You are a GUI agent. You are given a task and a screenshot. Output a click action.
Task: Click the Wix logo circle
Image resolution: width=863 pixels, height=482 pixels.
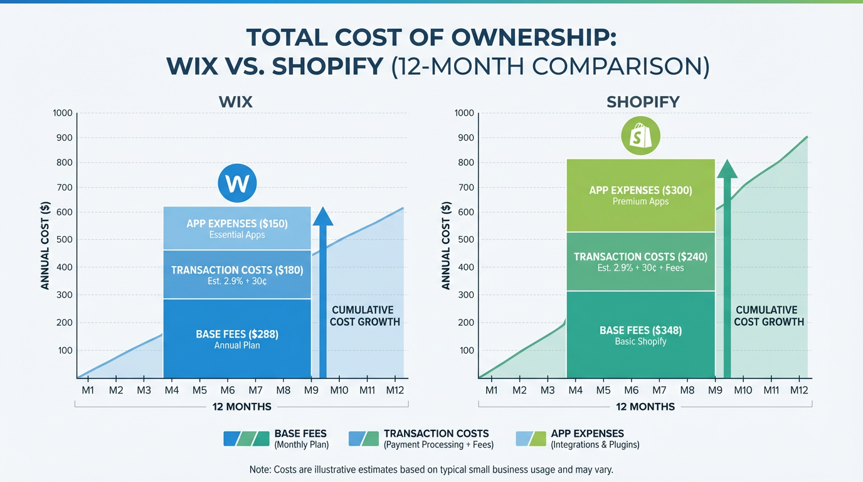237,183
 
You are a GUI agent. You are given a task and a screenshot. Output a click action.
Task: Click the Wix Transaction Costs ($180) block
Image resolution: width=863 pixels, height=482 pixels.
237,275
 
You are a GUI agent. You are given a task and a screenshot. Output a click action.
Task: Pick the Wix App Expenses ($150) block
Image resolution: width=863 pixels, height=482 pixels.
237,228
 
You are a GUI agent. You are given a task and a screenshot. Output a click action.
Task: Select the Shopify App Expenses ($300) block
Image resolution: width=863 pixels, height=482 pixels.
640,195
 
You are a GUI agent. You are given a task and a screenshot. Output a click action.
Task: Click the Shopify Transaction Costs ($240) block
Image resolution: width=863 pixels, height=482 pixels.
640,261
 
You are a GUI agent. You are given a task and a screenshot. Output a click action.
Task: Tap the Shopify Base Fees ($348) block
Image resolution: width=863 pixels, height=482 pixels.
640,335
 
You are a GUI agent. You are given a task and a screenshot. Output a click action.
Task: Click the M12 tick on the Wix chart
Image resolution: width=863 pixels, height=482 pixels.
394,390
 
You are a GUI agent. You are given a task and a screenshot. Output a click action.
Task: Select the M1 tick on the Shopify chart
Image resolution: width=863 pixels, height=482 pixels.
492,390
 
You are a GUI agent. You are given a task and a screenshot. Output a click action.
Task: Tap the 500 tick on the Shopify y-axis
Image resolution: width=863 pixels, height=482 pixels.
467,240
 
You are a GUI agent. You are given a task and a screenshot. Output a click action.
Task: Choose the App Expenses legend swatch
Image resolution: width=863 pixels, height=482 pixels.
530,438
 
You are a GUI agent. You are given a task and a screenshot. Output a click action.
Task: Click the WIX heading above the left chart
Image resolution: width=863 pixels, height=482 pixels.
236,102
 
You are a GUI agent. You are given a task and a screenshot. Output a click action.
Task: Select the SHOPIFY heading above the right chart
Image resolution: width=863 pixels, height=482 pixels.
643,102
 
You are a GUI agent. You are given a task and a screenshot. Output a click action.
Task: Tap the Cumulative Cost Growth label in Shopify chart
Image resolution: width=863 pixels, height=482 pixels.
768,316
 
